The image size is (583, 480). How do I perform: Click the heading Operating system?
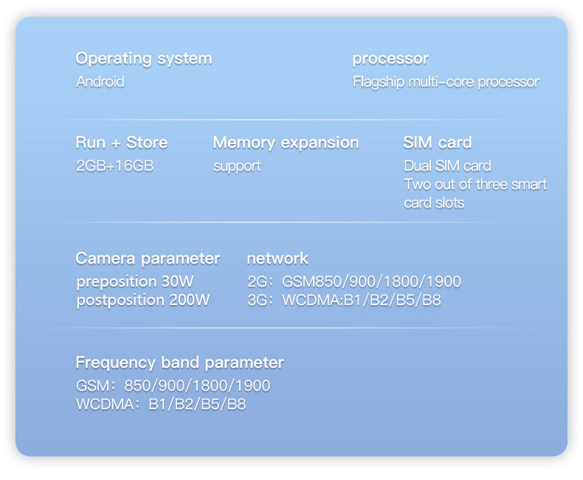point(144,59)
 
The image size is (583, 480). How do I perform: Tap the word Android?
point(100,81)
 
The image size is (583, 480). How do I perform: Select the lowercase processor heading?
point(390,59)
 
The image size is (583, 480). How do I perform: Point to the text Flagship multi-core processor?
point(446,82)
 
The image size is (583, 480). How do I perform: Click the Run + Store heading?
point(122,143)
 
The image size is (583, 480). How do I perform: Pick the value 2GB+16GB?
point(115,165)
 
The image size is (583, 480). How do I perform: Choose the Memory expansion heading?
point(286,143)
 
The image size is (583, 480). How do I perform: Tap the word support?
point(237,167)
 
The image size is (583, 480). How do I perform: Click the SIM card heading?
point(437,143)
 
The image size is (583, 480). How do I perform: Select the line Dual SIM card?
point(448,166)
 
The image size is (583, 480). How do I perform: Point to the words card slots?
point(434,203)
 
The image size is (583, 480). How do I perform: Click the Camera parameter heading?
point(148,259)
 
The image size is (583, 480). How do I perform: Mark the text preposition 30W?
point(135,282)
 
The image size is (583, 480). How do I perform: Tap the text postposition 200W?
point(143,301)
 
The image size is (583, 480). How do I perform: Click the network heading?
point(277,258)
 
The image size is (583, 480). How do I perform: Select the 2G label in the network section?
point(258,281)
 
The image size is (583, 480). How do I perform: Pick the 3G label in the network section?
point(258,301)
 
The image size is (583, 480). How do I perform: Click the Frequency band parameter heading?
point(179,363)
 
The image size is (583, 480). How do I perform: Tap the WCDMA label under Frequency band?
point(105,405)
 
